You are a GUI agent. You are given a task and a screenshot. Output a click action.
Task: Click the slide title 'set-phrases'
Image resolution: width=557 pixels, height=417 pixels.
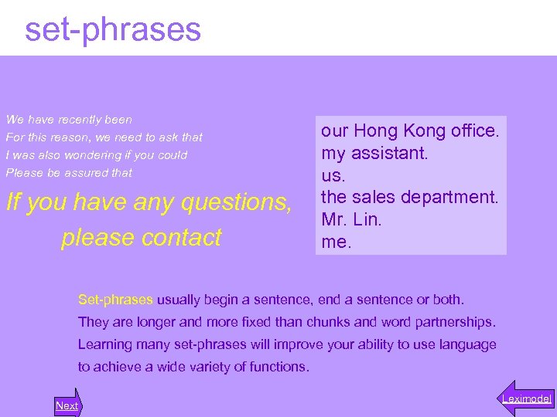point(113,29)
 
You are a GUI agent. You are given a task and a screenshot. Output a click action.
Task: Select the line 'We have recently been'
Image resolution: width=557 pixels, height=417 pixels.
point(69,120)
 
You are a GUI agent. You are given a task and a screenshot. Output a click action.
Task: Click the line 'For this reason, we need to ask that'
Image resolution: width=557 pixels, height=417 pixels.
point(104,137)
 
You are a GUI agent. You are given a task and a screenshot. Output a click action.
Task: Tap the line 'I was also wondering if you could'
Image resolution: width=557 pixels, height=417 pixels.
point(96,155)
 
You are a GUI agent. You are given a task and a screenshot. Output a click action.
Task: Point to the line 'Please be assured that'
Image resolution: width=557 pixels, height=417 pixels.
point(69,173)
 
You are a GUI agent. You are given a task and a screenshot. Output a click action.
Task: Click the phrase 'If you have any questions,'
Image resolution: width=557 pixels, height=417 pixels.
point(149,202)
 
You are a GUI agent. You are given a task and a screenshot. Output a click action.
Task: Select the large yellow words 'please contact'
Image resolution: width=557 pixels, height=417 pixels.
point(142,237)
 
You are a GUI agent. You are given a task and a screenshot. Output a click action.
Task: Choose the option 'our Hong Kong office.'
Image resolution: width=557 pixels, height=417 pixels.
point(410,131)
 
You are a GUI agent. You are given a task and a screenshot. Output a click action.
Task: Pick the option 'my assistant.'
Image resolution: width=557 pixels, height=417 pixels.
point(374,153)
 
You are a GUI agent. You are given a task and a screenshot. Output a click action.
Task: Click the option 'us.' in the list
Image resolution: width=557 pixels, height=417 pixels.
point(333,175)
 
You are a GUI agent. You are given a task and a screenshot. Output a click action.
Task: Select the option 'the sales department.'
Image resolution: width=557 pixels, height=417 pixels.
point(410,198)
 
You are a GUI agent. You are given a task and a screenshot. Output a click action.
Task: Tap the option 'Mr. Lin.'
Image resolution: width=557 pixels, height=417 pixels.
point(352,220)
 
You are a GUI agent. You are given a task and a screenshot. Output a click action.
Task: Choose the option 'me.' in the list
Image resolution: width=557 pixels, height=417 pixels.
point(337,242)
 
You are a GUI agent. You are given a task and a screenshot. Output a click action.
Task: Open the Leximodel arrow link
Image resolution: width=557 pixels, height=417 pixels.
point(526,398)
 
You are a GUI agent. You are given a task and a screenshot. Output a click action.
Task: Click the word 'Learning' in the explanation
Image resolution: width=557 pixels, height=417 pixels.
point(104,344)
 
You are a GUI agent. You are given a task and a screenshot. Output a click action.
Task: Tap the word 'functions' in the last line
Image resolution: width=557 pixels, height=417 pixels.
point(278,367)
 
